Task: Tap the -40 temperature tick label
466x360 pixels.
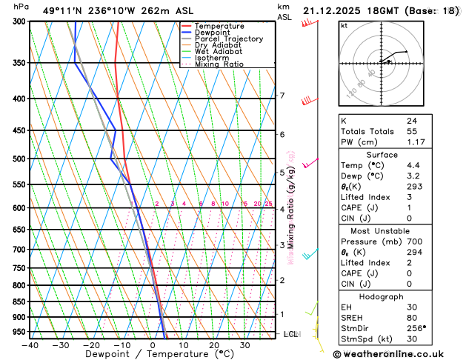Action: click(x=30, y=345)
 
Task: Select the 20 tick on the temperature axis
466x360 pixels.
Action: click(x=213, y=345)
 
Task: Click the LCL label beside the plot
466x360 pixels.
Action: click(x=290, y=334)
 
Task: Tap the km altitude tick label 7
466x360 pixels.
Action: click(x=282, y=96)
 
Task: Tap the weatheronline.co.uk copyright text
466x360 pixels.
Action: click(x=400, y=354)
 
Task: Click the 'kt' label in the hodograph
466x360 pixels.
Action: click(x=344, y=25)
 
